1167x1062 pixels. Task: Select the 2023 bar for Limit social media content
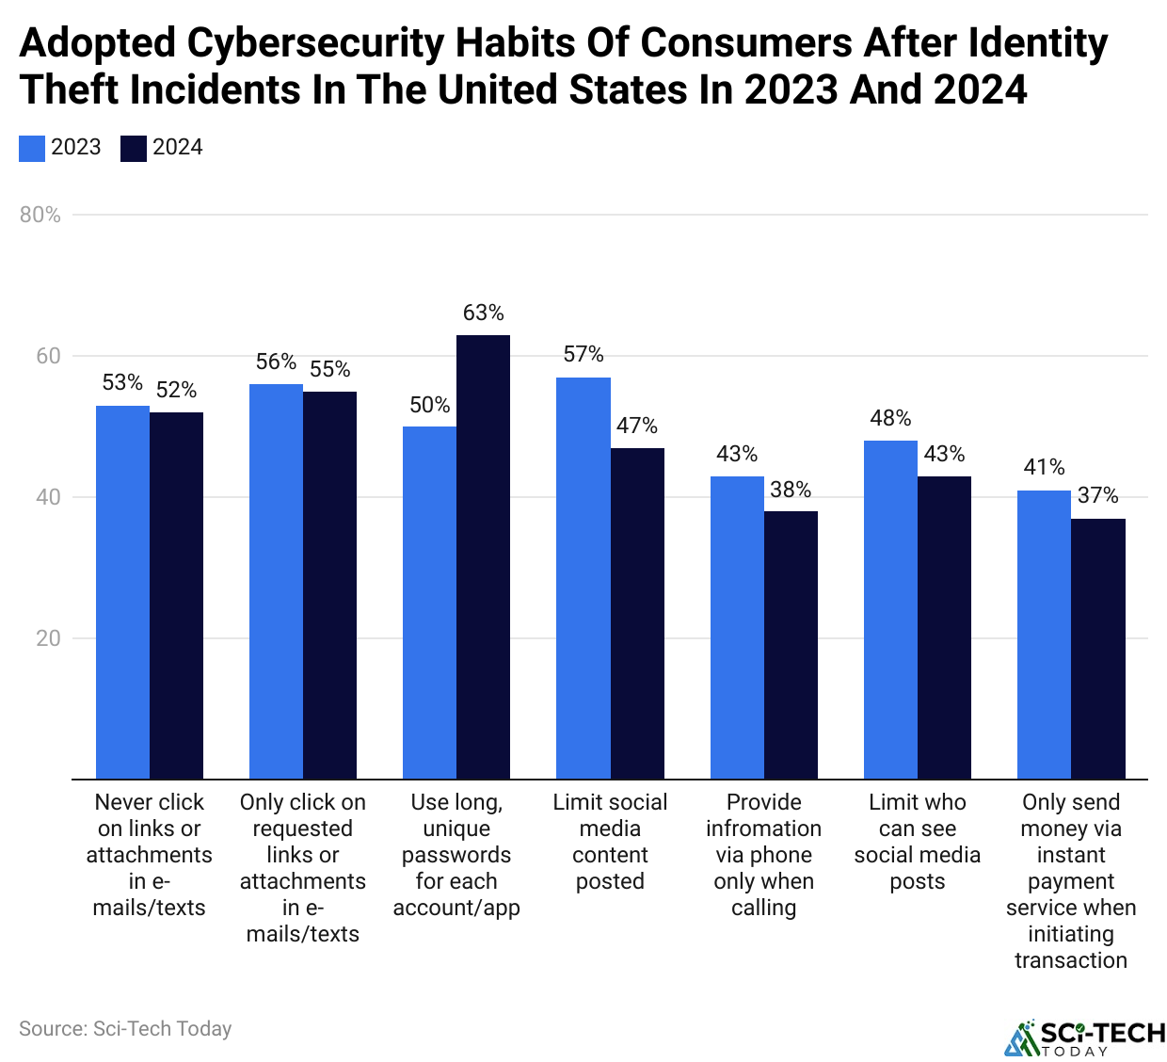click(x=583, y=578)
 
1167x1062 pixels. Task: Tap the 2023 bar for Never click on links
click(x=122, y=592)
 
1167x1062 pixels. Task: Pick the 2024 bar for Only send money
click(x=1098, y=649)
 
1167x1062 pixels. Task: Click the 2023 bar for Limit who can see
click(x=890, y=610)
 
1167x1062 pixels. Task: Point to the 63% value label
click(x=483, y=313)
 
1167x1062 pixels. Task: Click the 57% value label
click(x=583, y=354)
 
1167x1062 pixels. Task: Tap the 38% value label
click(x=791, y=490)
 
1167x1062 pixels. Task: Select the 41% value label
click(x=1044, y=467)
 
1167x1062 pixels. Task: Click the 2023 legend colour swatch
click(x=32, y=149)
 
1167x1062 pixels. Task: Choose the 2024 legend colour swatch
click(x=134, y=149)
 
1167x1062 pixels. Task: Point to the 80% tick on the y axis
click(x=40, y=215)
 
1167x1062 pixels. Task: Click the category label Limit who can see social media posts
click(x=918, y=842)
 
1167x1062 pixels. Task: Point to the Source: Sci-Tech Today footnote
click(x=125, y=1029)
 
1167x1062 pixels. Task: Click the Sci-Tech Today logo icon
click(x=1020, y=1037)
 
